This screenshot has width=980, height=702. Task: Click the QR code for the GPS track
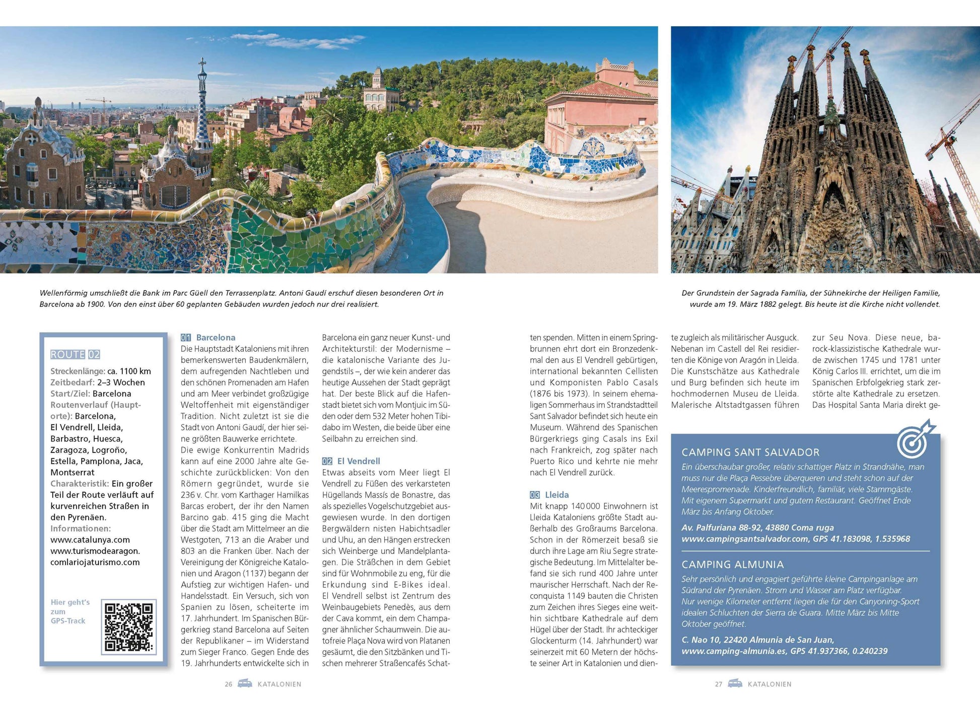click(x=128, y=626)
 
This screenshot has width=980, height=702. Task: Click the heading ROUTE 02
click(x=75, y=354)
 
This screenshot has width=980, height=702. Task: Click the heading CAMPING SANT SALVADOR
click(x=750, y=452)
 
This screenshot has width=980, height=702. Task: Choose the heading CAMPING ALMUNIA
click(x=732, y=564)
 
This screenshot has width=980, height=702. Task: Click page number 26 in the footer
click(x=229, y=684)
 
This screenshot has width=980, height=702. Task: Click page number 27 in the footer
click(x=719, y=684)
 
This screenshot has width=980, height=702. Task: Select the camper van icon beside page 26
click(x=245, y=683)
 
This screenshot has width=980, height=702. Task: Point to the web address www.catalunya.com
click(x=90, y=540)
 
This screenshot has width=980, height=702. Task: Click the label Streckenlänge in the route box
click(x=77, y=371)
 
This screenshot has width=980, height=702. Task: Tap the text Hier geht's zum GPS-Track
click(x=70, y=611)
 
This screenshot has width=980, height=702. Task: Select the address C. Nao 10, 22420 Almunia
click(x=757, y=640)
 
